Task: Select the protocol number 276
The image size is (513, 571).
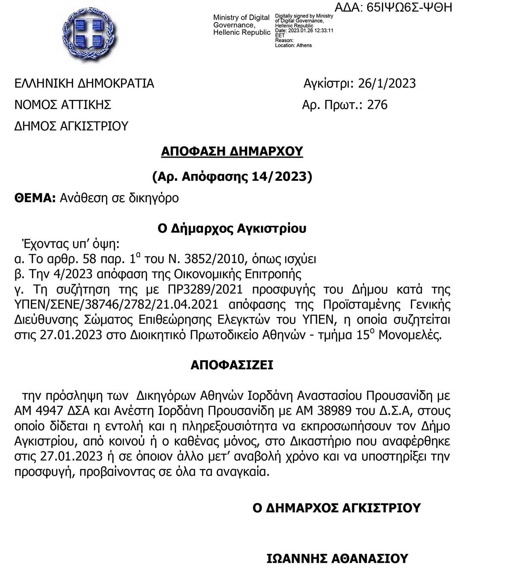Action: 377,105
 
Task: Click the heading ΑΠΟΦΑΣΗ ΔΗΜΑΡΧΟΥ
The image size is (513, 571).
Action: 232,151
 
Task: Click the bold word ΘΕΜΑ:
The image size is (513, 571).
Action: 35,198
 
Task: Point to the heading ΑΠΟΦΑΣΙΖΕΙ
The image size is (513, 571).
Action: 232,365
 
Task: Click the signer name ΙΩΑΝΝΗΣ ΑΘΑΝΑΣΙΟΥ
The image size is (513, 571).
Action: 337,559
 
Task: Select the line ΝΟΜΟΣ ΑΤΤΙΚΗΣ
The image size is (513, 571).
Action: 63,105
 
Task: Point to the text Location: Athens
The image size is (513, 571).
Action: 293,45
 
